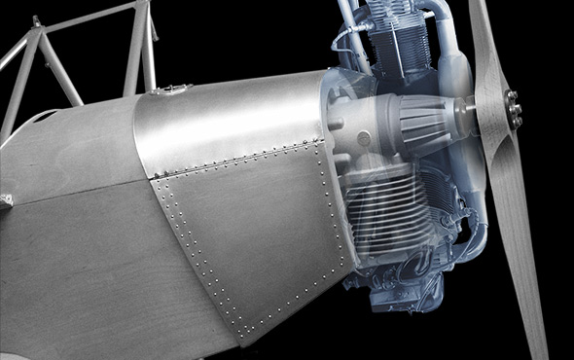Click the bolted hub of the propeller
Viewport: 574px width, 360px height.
coord(511,109)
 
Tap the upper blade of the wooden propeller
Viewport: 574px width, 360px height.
coord(486,44)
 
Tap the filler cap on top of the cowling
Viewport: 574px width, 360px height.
coord(174,90)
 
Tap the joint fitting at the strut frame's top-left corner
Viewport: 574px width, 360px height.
coord(36,21)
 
